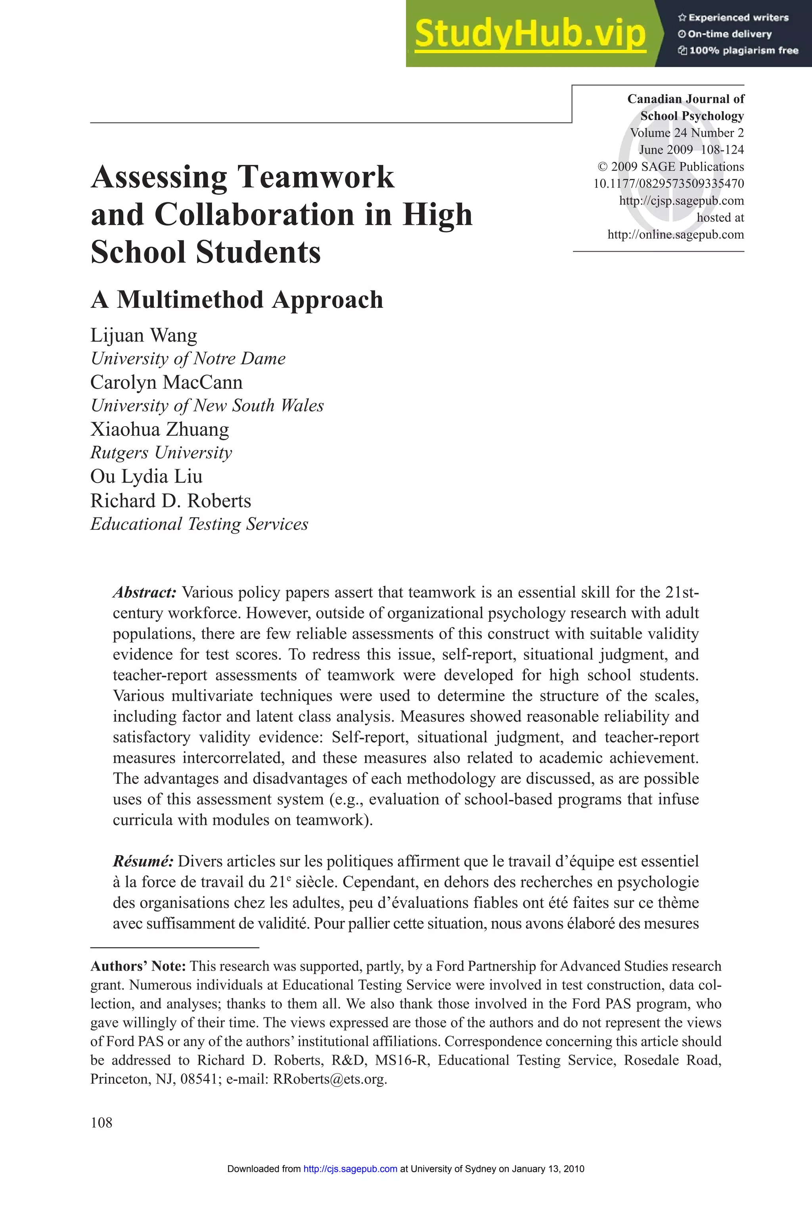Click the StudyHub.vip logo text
(530, 34)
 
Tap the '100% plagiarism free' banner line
(738, 51)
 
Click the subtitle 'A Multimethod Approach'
(237, 300)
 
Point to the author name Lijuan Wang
(144, 335)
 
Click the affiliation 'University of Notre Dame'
(188, 359)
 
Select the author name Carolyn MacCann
(166, 383)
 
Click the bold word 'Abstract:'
(145, 592)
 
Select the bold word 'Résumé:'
(143, 861)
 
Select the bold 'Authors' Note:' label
(138, 966)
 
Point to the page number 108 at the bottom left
(101, 1123)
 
